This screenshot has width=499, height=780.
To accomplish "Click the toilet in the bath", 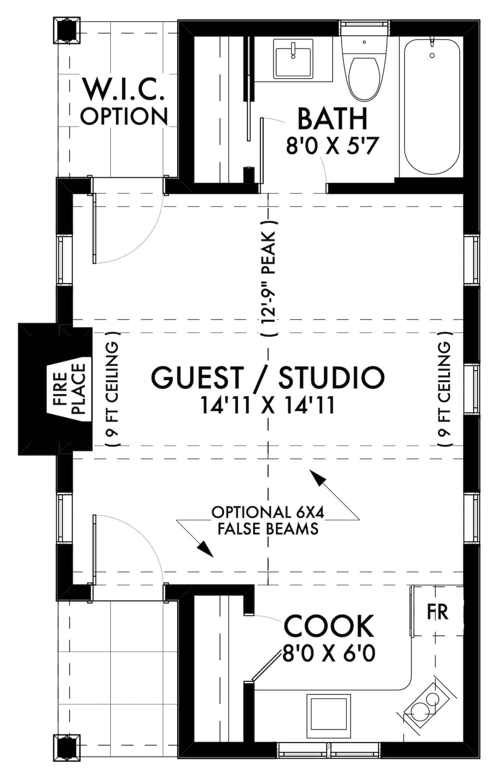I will point(364,76).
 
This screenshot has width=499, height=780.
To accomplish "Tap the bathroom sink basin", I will point(293,62).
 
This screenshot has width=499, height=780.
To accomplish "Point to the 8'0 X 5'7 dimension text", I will point(333,147).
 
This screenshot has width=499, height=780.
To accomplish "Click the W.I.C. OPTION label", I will point(124,102).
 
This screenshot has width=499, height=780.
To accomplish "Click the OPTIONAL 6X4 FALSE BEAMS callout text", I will point(268,520).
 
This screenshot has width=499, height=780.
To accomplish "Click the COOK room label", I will point(329,626).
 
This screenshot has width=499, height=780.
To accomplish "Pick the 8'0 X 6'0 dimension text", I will point(329,653).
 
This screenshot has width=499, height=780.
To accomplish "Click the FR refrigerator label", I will point(438,612).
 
